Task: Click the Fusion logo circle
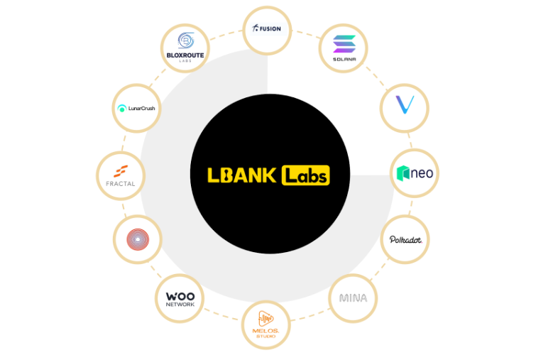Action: point(267,29)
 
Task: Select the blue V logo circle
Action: point(405,106)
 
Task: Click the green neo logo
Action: point(415,173)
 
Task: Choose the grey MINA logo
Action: point(353,298)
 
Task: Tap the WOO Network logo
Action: point(180,299)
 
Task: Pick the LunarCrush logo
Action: point(137,109)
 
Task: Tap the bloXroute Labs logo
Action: point(185,48)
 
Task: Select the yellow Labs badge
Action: point(306,175)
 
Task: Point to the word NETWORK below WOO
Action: point(180,305)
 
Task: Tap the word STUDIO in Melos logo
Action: point(267,336)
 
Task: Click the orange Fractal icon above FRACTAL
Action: point(121,170)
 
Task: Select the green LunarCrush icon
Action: point(121,109)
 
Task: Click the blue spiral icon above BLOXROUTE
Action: point(185,40)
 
